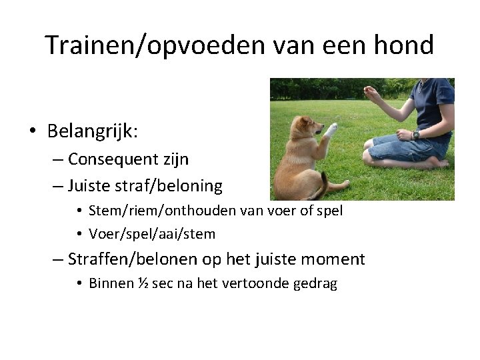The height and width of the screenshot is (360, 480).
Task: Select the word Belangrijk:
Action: pos(93,131)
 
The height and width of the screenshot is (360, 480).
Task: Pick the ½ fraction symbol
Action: pos(143,283)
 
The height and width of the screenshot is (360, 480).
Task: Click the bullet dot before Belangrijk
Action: pos(33,131)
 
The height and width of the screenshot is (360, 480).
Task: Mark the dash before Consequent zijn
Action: pos(57,160)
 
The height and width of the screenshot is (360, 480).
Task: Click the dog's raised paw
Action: pos(331,128)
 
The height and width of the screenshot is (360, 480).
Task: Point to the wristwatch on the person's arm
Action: pos(416,135)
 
